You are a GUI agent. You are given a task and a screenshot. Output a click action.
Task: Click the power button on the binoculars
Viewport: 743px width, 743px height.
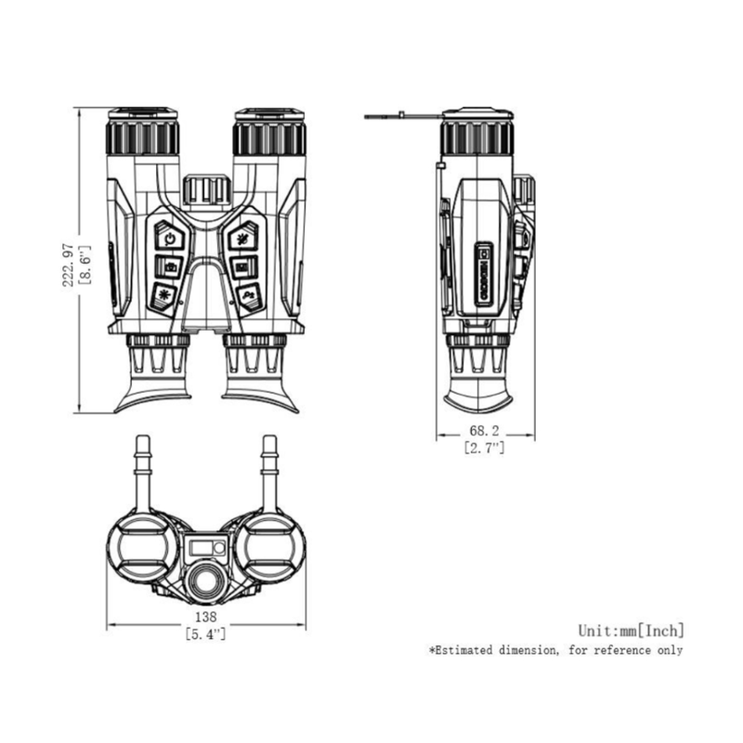(170, 237)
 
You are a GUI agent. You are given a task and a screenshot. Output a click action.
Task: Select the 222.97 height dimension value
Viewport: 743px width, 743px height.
(68, 265)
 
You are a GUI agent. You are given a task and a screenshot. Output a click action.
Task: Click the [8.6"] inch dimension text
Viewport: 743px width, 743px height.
(85, 265)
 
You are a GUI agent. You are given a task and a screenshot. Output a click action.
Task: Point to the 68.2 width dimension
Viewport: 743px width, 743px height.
(484, 431)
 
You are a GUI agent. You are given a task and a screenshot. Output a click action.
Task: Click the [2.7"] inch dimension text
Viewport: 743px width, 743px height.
(484, 448)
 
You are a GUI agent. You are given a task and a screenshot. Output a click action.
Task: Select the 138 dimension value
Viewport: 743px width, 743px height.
(205, 617)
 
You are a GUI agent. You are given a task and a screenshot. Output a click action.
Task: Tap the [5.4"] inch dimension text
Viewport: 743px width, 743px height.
(205, 633)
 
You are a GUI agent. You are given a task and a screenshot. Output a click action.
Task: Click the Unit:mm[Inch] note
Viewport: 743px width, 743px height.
(632, 631)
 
